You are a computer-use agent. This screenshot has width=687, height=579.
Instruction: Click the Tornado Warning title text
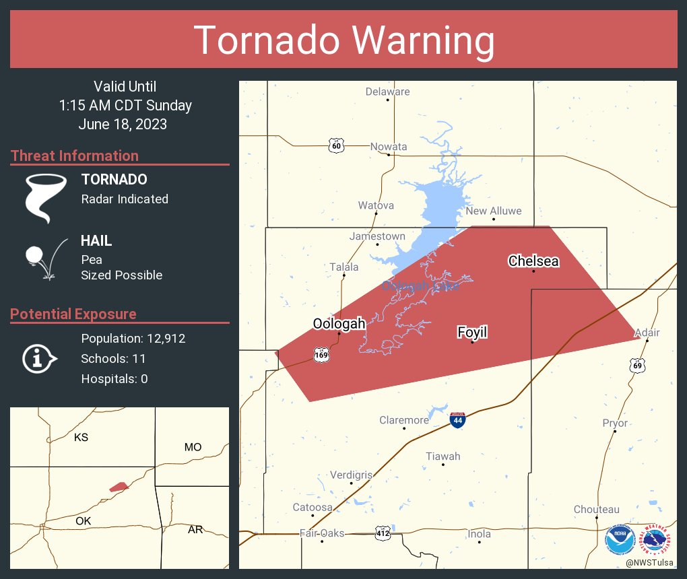click(343, 40)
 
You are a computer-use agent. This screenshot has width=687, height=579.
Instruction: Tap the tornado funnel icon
click(46, 197)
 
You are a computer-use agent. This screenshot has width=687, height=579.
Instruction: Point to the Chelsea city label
click(533, 261)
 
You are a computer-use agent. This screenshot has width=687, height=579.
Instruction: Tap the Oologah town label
click(339, 324)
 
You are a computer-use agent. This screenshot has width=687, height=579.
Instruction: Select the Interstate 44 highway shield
click(457, 419)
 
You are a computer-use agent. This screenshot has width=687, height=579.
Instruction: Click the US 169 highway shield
click(321, 354)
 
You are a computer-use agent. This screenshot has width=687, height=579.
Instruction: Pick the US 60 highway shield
click(337, 145)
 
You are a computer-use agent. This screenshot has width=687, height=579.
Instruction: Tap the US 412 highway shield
click(383, 533)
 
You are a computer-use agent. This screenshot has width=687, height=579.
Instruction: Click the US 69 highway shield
click(637, 365)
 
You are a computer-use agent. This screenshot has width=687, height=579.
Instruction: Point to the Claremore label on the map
click(403, 420)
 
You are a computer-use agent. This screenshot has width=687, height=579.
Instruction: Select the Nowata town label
click(389, 146)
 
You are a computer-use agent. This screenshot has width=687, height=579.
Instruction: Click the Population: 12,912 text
click(133, 338)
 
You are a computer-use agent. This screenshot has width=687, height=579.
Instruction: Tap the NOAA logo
click(619, 539)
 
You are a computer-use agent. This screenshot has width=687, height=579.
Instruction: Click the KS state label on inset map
click(81, 438)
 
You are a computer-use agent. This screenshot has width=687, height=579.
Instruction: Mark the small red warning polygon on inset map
click(119, 486)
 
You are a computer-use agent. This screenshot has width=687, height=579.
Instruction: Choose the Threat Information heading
click(75, 156)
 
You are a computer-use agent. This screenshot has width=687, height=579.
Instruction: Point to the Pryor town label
click(614, 423)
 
